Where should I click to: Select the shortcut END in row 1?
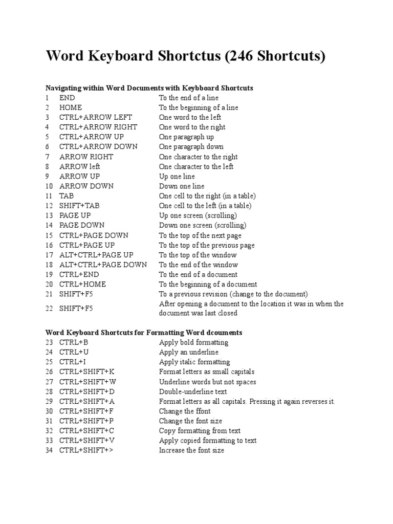point(67,98)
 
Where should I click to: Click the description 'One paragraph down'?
point(191,147)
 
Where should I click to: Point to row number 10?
point(49,186)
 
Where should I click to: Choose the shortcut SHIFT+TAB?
point(79,206)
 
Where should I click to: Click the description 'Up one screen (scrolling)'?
point(198,215)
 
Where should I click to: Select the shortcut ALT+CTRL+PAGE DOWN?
point(103,265)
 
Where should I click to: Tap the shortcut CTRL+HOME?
point(82,284)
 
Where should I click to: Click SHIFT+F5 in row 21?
point(76,294)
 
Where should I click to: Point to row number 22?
point(49,309)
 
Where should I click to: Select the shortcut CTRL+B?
point(74,342)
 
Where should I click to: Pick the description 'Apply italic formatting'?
point(194,362)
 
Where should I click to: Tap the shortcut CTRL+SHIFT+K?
point(87,372)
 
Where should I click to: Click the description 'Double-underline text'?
point(193,391)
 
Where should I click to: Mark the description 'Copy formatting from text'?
point(200,431)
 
